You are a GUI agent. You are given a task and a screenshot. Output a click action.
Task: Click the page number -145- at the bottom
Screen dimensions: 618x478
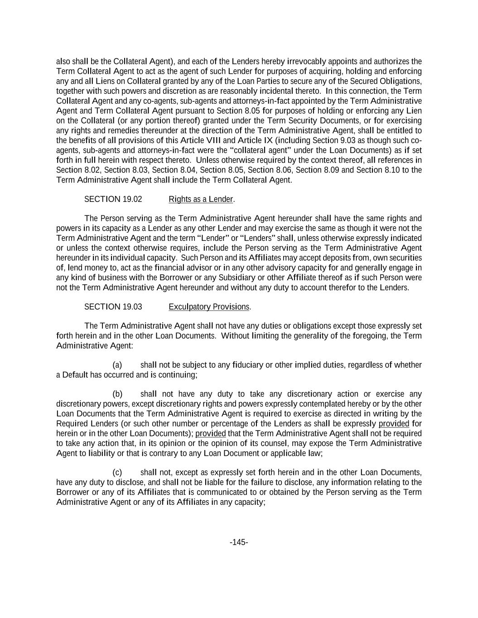(239, 542)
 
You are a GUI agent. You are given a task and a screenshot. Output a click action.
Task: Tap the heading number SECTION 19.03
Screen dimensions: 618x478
(113, 307)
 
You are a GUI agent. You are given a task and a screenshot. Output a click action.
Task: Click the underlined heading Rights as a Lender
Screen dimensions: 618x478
(201, 199)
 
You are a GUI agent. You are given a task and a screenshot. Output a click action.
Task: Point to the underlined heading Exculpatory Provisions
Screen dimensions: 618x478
(209, 307)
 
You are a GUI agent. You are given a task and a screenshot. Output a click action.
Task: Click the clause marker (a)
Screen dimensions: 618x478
(117, 365)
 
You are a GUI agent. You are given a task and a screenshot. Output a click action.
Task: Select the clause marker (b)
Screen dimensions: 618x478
(117, 394)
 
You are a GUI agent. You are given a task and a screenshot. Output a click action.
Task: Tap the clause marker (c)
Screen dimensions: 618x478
(117, 473)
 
